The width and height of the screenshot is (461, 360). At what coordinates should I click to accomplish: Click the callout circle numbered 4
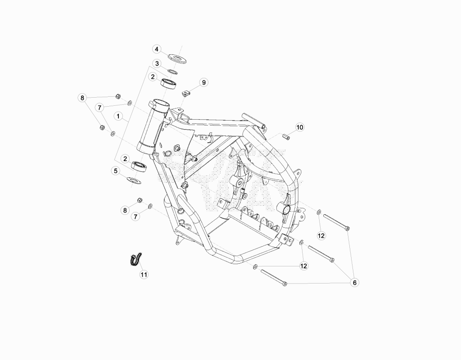[x=157, y=49]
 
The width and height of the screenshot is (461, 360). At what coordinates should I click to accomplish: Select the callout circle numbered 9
[x=204, y=83]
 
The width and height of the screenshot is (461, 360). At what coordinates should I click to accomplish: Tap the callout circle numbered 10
[x=299, y=127]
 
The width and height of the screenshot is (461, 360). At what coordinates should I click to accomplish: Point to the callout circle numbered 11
[x=144, y=274]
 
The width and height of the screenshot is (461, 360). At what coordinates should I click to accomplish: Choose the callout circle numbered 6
[x=355, y=283]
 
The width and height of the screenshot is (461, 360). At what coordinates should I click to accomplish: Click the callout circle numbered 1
[x=118, y=116]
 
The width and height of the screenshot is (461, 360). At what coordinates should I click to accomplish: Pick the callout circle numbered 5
[x=116, y=171]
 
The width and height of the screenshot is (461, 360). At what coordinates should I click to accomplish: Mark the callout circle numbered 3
[x=157, y=63]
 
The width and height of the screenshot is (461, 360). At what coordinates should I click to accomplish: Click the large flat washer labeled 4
[x=178, y=58]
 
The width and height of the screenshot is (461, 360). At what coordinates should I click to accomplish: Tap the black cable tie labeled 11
[x=136, y=260]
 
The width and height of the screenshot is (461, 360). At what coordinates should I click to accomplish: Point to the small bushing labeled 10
[x=286, y=137]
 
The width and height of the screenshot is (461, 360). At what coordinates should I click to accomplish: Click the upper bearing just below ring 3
[x=168, y=83]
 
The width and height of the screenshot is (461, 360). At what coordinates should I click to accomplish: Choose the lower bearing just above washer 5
[x=139, y=166]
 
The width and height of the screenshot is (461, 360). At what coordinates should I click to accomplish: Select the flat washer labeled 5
[x=133, y=180]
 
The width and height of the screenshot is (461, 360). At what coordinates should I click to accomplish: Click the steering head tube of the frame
[x=153, y=126]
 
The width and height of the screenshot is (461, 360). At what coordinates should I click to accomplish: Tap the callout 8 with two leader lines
[x=82, y=98]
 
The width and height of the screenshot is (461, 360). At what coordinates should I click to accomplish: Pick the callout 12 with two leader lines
[x=303, y=266]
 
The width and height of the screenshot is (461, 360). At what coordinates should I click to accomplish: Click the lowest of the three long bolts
[x=274, y=277]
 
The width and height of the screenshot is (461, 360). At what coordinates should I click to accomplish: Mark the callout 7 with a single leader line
[x=136, y=217]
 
